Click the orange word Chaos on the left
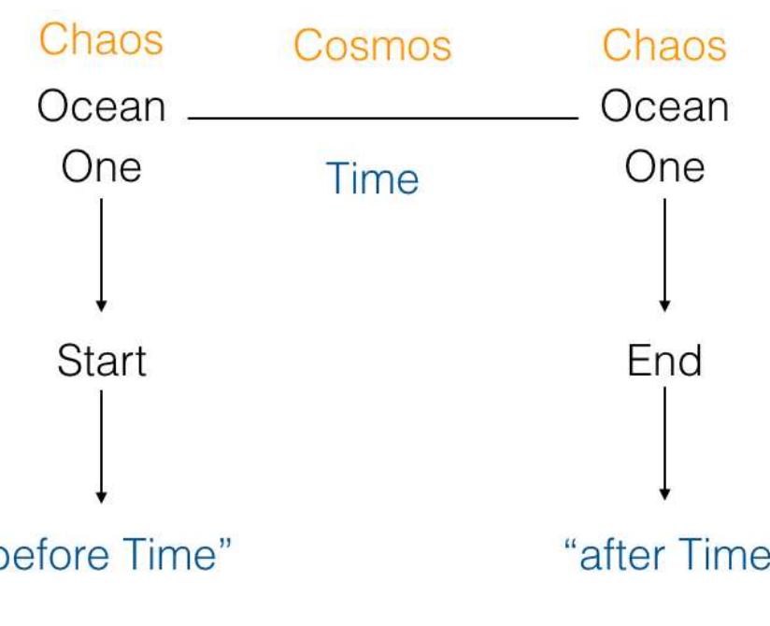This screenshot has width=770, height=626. tap(100, 41)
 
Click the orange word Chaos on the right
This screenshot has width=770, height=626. tap(664, 44)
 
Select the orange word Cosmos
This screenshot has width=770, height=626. tap(372, 45)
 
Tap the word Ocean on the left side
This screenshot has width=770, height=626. tap(101, 107)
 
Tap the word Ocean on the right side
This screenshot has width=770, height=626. tap(664, 107)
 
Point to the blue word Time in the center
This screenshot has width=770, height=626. tap(372, 178)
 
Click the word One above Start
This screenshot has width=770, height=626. tap(101, 168)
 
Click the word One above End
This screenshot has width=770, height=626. tap(664, 168)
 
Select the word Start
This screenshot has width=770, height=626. tap(101, 361)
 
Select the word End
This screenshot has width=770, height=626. tap(664, 361)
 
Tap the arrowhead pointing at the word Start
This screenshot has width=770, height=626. tap(101, 306)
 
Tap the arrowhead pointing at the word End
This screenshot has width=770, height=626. tap(664, 306)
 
